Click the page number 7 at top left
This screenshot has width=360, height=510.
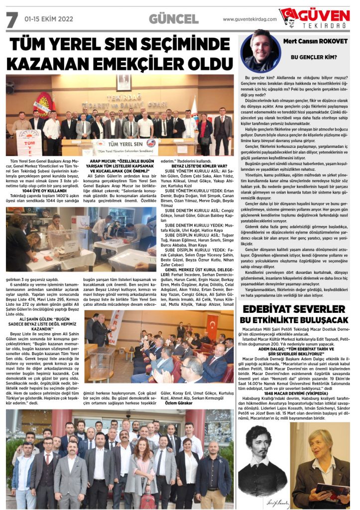click(x=11, y=19)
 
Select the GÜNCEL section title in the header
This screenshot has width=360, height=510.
click(x=173, y=19)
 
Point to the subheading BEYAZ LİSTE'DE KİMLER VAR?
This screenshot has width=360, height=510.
click(x=199, y=166)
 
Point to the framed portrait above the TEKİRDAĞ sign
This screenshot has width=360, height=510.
click(x=123, y=83)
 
